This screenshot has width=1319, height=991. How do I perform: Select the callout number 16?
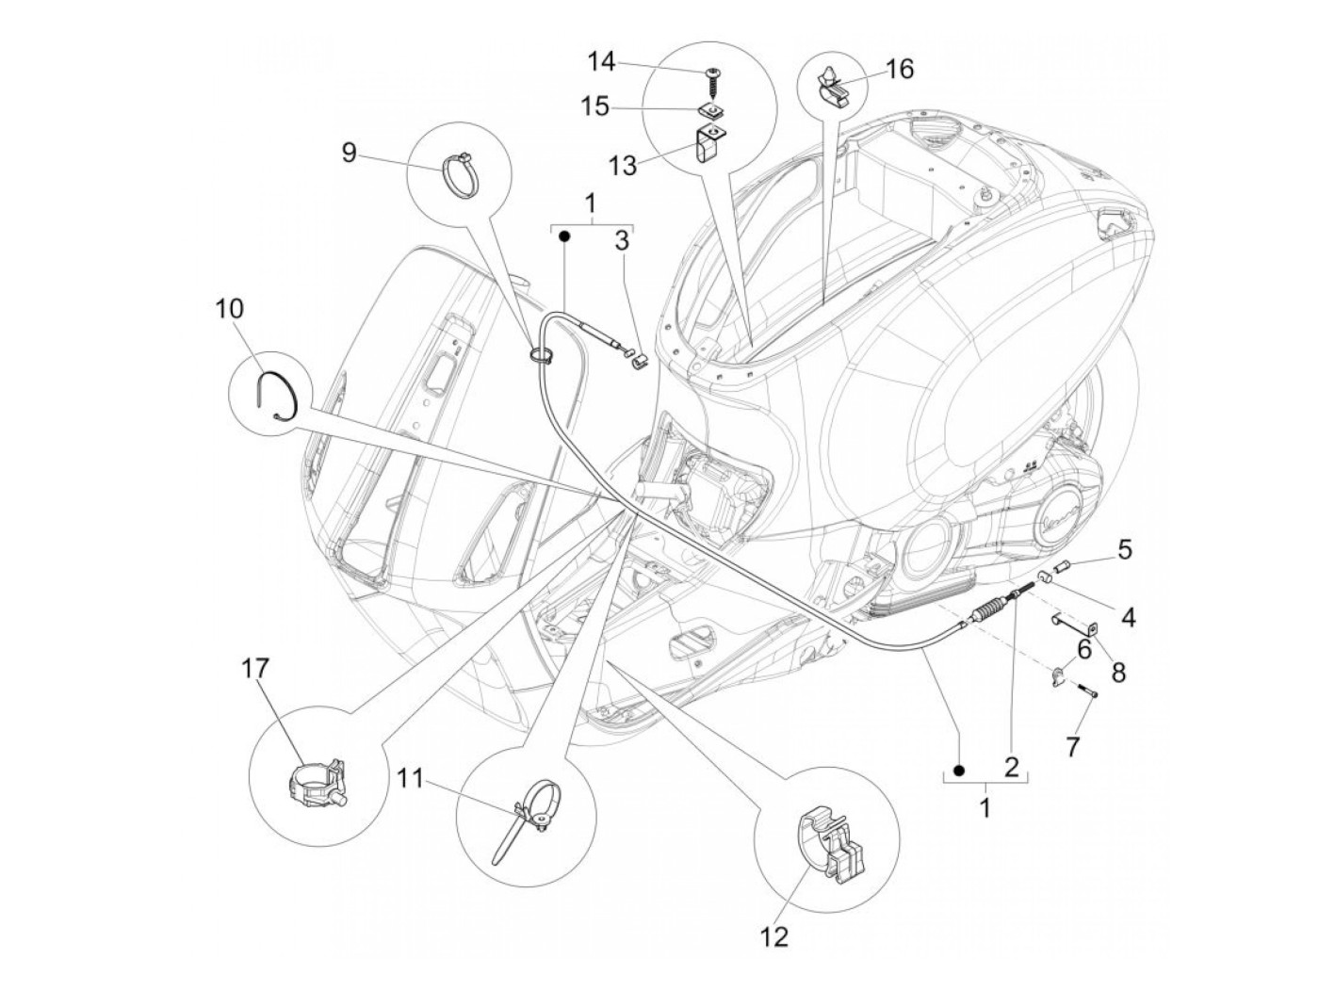click(x=899, y=69)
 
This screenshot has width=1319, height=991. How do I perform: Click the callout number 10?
click(x=229, y=309)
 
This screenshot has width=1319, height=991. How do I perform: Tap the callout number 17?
click(x=255, y=668)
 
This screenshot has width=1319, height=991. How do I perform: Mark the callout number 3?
click(x=621, y=240)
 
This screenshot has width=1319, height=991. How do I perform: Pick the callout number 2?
click(x=1011, y=767)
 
